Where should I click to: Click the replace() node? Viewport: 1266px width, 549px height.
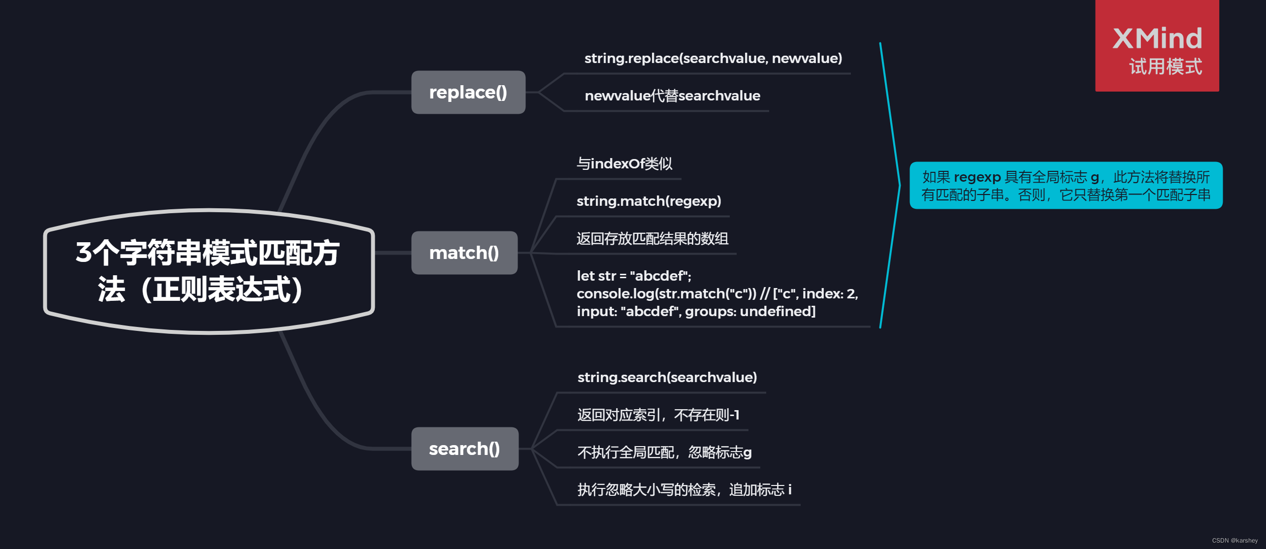point(468,93)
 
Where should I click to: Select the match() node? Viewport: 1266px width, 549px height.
point(464,253)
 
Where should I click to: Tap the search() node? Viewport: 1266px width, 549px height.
point(464,449)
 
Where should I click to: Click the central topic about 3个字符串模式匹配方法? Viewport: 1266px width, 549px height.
point(209,271)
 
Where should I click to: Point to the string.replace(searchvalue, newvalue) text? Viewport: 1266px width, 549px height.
point(713,59)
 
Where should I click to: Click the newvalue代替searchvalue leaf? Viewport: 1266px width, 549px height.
point(672,96)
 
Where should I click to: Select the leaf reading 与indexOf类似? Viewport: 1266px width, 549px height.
point(624,163)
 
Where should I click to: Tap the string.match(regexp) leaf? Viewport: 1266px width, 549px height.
point(649,201)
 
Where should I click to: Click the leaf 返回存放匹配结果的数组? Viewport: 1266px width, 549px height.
point(652,239)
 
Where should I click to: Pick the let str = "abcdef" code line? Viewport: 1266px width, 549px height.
point(634,276)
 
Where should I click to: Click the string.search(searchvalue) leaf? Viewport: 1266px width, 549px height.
point(667,377)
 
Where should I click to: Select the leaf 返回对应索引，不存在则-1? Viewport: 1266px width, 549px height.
point(658,415)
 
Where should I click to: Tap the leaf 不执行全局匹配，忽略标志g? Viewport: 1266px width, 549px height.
point(664,452)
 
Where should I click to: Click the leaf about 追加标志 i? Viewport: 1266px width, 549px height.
point(684,490)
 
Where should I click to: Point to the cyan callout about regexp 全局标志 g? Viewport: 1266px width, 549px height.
point(1066,186)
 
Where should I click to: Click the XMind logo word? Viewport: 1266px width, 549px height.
point(1157,38)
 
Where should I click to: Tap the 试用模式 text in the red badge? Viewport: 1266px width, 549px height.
point(1166,67)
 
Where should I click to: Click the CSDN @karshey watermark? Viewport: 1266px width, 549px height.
point(1234,541)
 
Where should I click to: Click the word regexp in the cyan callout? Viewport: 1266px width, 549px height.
point(977,177)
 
